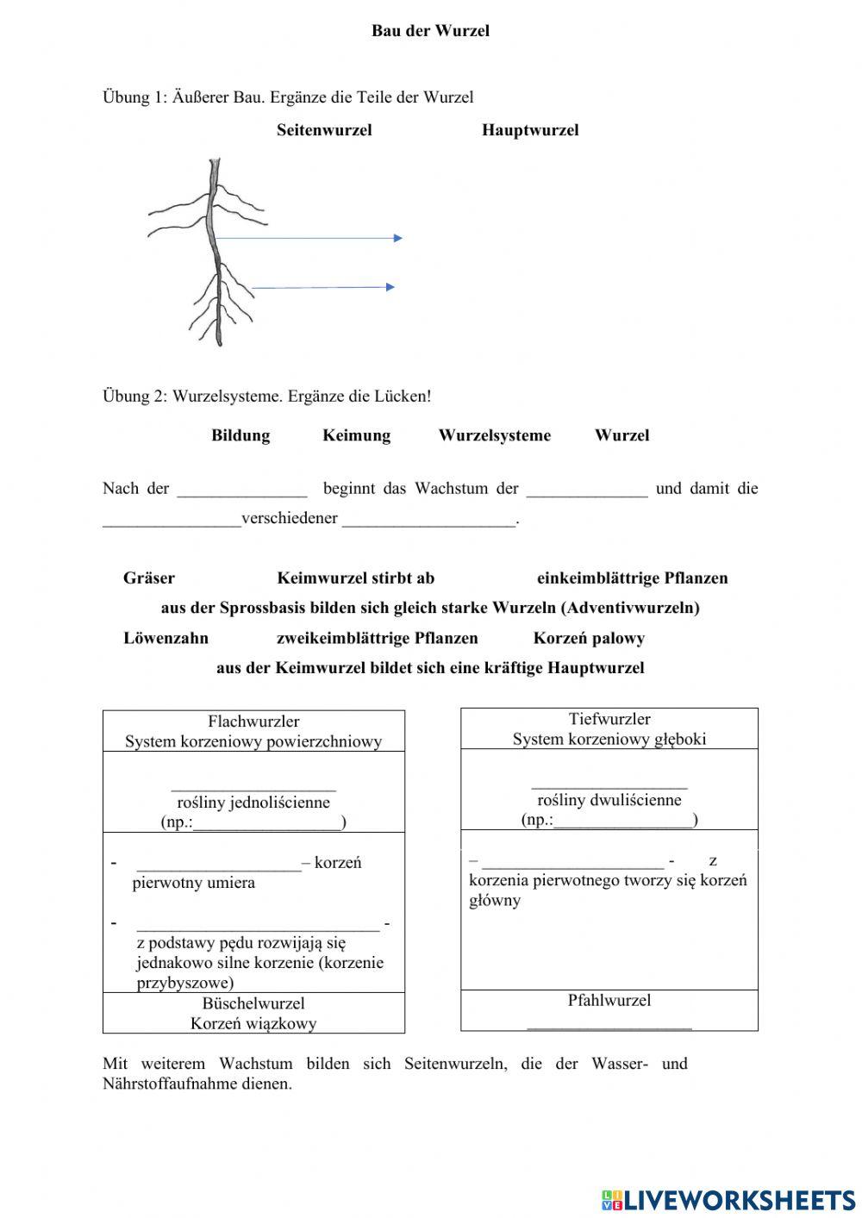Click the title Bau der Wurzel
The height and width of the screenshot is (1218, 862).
tap(430, 31)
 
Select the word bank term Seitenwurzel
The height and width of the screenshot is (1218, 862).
tap(324, 130)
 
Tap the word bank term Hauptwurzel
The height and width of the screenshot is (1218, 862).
tap(530, 130)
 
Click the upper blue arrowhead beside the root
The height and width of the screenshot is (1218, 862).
tap(397, 238)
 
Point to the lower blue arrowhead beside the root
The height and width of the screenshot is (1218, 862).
tap(390, 287)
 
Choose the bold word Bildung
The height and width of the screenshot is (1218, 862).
tap(240, 435)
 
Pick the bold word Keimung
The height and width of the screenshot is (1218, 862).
tap(356, 435)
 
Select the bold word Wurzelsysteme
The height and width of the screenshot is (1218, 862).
tap(494, 435)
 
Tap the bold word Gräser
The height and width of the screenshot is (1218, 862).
tap(149, 578)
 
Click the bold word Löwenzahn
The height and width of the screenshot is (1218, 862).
tap(166, 639)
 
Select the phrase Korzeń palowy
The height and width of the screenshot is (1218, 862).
tap(589, 639)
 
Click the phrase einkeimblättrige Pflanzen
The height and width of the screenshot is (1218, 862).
tap(632, 578)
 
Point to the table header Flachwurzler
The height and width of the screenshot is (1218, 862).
tap(253, 721)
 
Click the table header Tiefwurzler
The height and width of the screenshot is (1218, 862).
tap(609, 719)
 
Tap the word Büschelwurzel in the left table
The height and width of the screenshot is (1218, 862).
tap(253, 1003)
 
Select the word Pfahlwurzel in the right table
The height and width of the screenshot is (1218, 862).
tap(609, 1001)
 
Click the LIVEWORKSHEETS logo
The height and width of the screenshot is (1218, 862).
tap(728, 1199)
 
